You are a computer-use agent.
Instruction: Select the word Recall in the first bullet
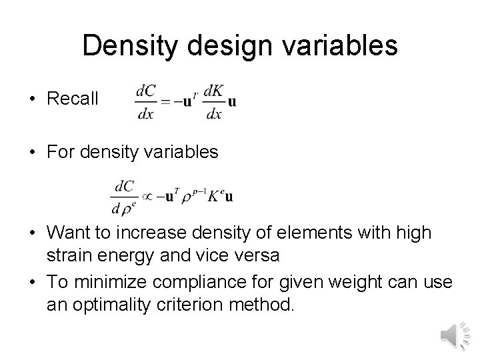73,99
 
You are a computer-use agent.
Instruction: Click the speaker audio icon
455,334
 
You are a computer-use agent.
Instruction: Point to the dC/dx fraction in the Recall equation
145,101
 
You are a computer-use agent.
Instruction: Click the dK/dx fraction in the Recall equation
214,101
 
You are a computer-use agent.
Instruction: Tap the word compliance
212,282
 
